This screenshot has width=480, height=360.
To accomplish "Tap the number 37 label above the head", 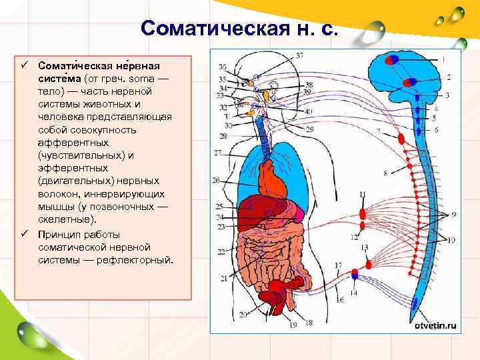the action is (300, 54).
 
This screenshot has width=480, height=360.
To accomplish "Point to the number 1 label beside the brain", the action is (443, 59).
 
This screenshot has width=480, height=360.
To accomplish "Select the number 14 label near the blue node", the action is (353, 293).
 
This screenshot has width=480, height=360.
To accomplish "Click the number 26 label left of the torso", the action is (215, 180).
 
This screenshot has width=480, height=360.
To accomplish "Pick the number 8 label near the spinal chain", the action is (385, 173).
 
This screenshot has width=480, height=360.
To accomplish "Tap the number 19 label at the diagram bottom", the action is (293, 324).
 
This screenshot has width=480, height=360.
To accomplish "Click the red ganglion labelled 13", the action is (364, 261).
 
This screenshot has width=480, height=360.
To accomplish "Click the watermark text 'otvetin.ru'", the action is (435, 326).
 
